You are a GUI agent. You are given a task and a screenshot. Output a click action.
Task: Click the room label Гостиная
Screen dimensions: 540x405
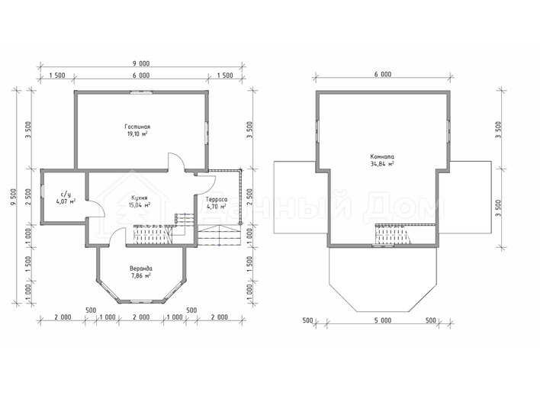pos(137,127)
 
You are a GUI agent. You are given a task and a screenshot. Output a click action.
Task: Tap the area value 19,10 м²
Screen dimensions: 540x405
pos(137,134)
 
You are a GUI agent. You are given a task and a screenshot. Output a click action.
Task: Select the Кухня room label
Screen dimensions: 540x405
pos(140,198)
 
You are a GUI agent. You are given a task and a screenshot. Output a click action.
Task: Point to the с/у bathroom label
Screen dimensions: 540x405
pos(66,194)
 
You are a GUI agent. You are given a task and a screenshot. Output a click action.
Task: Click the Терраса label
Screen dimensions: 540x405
pos(217,199)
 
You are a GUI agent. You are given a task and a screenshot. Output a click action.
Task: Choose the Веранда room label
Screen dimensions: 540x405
pos(141,268)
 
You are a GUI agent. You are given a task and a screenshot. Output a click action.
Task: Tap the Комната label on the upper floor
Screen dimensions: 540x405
pos(382,156)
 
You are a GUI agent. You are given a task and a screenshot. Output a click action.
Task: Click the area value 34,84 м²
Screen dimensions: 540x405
pos(382,164)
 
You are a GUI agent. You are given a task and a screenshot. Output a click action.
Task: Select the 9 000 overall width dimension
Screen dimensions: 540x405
pos(141,64)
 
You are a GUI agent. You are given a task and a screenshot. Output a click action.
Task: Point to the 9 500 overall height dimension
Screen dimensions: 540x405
pos(14,197)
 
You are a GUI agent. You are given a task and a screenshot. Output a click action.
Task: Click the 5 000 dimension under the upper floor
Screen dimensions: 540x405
pos(383,320)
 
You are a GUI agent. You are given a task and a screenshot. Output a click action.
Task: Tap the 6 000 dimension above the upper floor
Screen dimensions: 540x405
pos(383,75)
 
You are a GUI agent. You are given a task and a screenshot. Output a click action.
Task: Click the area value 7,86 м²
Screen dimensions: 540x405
pos(141,275)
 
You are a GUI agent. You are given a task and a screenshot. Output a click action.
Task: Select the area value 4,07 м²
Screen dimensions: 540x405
pos(66,202)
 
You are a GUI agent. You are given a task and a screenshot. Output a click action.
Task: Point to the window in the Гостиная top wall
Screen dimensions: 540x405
pos(141,92)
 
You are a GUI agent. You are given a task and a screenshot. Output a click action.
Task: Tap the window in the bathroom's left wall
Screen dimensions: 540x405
pos(42,191)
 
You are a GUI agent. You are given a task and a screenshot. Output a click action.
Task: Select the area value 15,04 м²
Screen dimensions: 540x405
pos(140,205)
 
